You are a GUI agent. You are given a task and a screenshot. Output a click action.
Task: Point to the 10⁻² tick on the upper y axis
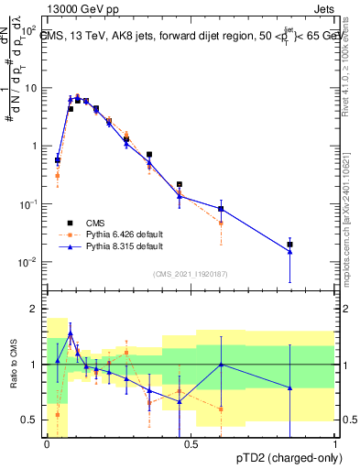click(x=27, y=262)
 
